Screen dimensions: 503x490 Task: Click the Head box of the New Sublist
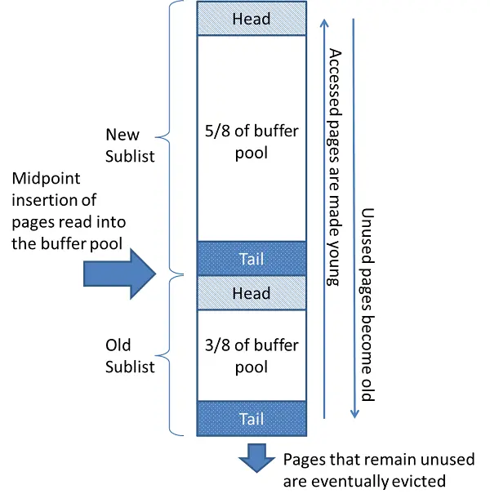252,19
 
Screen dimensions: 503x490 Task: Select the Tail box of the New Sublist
252,258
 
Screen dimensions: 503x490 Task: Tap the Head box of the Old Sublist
252,293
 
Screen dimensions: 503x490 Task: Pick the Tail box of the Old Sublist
252,419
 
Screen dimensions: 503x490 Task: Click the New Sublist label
122,145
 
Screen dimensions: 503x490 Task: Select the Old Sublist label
130,356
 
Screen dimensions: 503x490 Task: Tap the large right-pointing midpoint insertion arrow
118,272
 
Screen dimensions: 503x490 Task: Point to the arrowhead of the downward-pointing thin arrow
354,414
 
